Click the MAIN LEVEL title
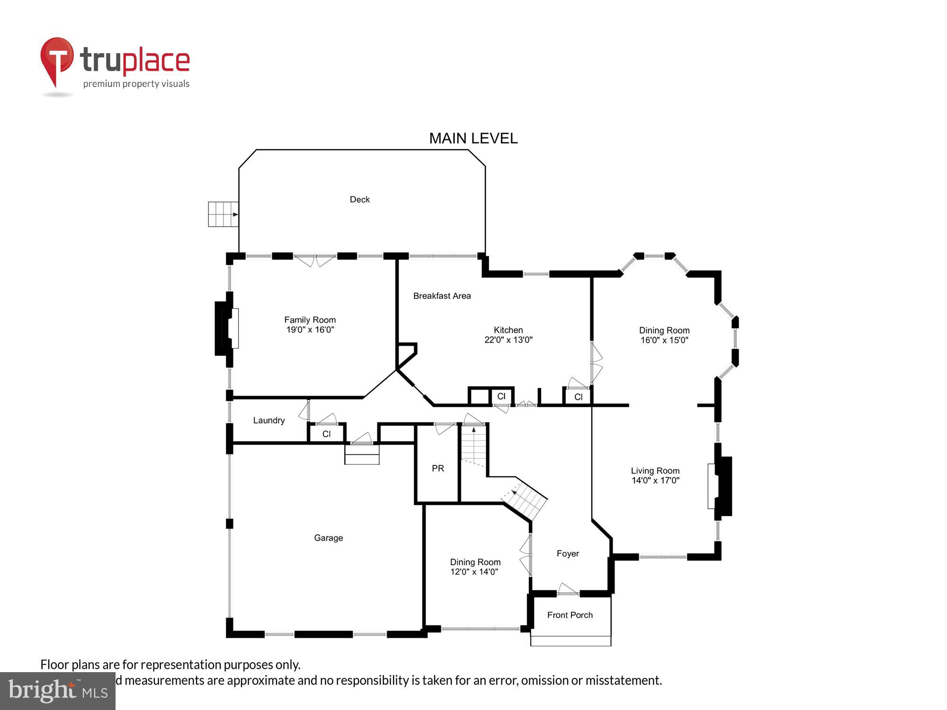tap(473, 138)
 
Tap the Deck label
tap(359, 200)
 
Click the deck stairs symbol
tap(223, 214)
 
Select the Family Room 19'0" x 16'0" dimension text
tap(310, 330)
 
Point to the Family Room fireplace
tap(227, 328)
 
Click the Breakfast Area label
tap(442, 296)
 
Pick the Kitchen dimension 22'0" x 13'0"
tap(508, 340)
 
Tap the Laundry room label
tap(268, 420)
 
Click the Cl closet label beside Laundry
tap(326, 434)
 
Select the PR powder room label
tap(438, 469)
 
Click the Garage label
tap(328, 538)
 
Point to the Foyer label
tap(567, 553)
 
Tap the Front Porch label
tap(570, 615)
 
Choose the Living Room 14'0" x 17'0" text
tap(655, 480)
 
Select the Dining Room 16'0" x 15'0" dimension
tap(664, 340)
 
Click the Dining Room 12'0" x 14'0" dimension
tap(474, 572)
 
